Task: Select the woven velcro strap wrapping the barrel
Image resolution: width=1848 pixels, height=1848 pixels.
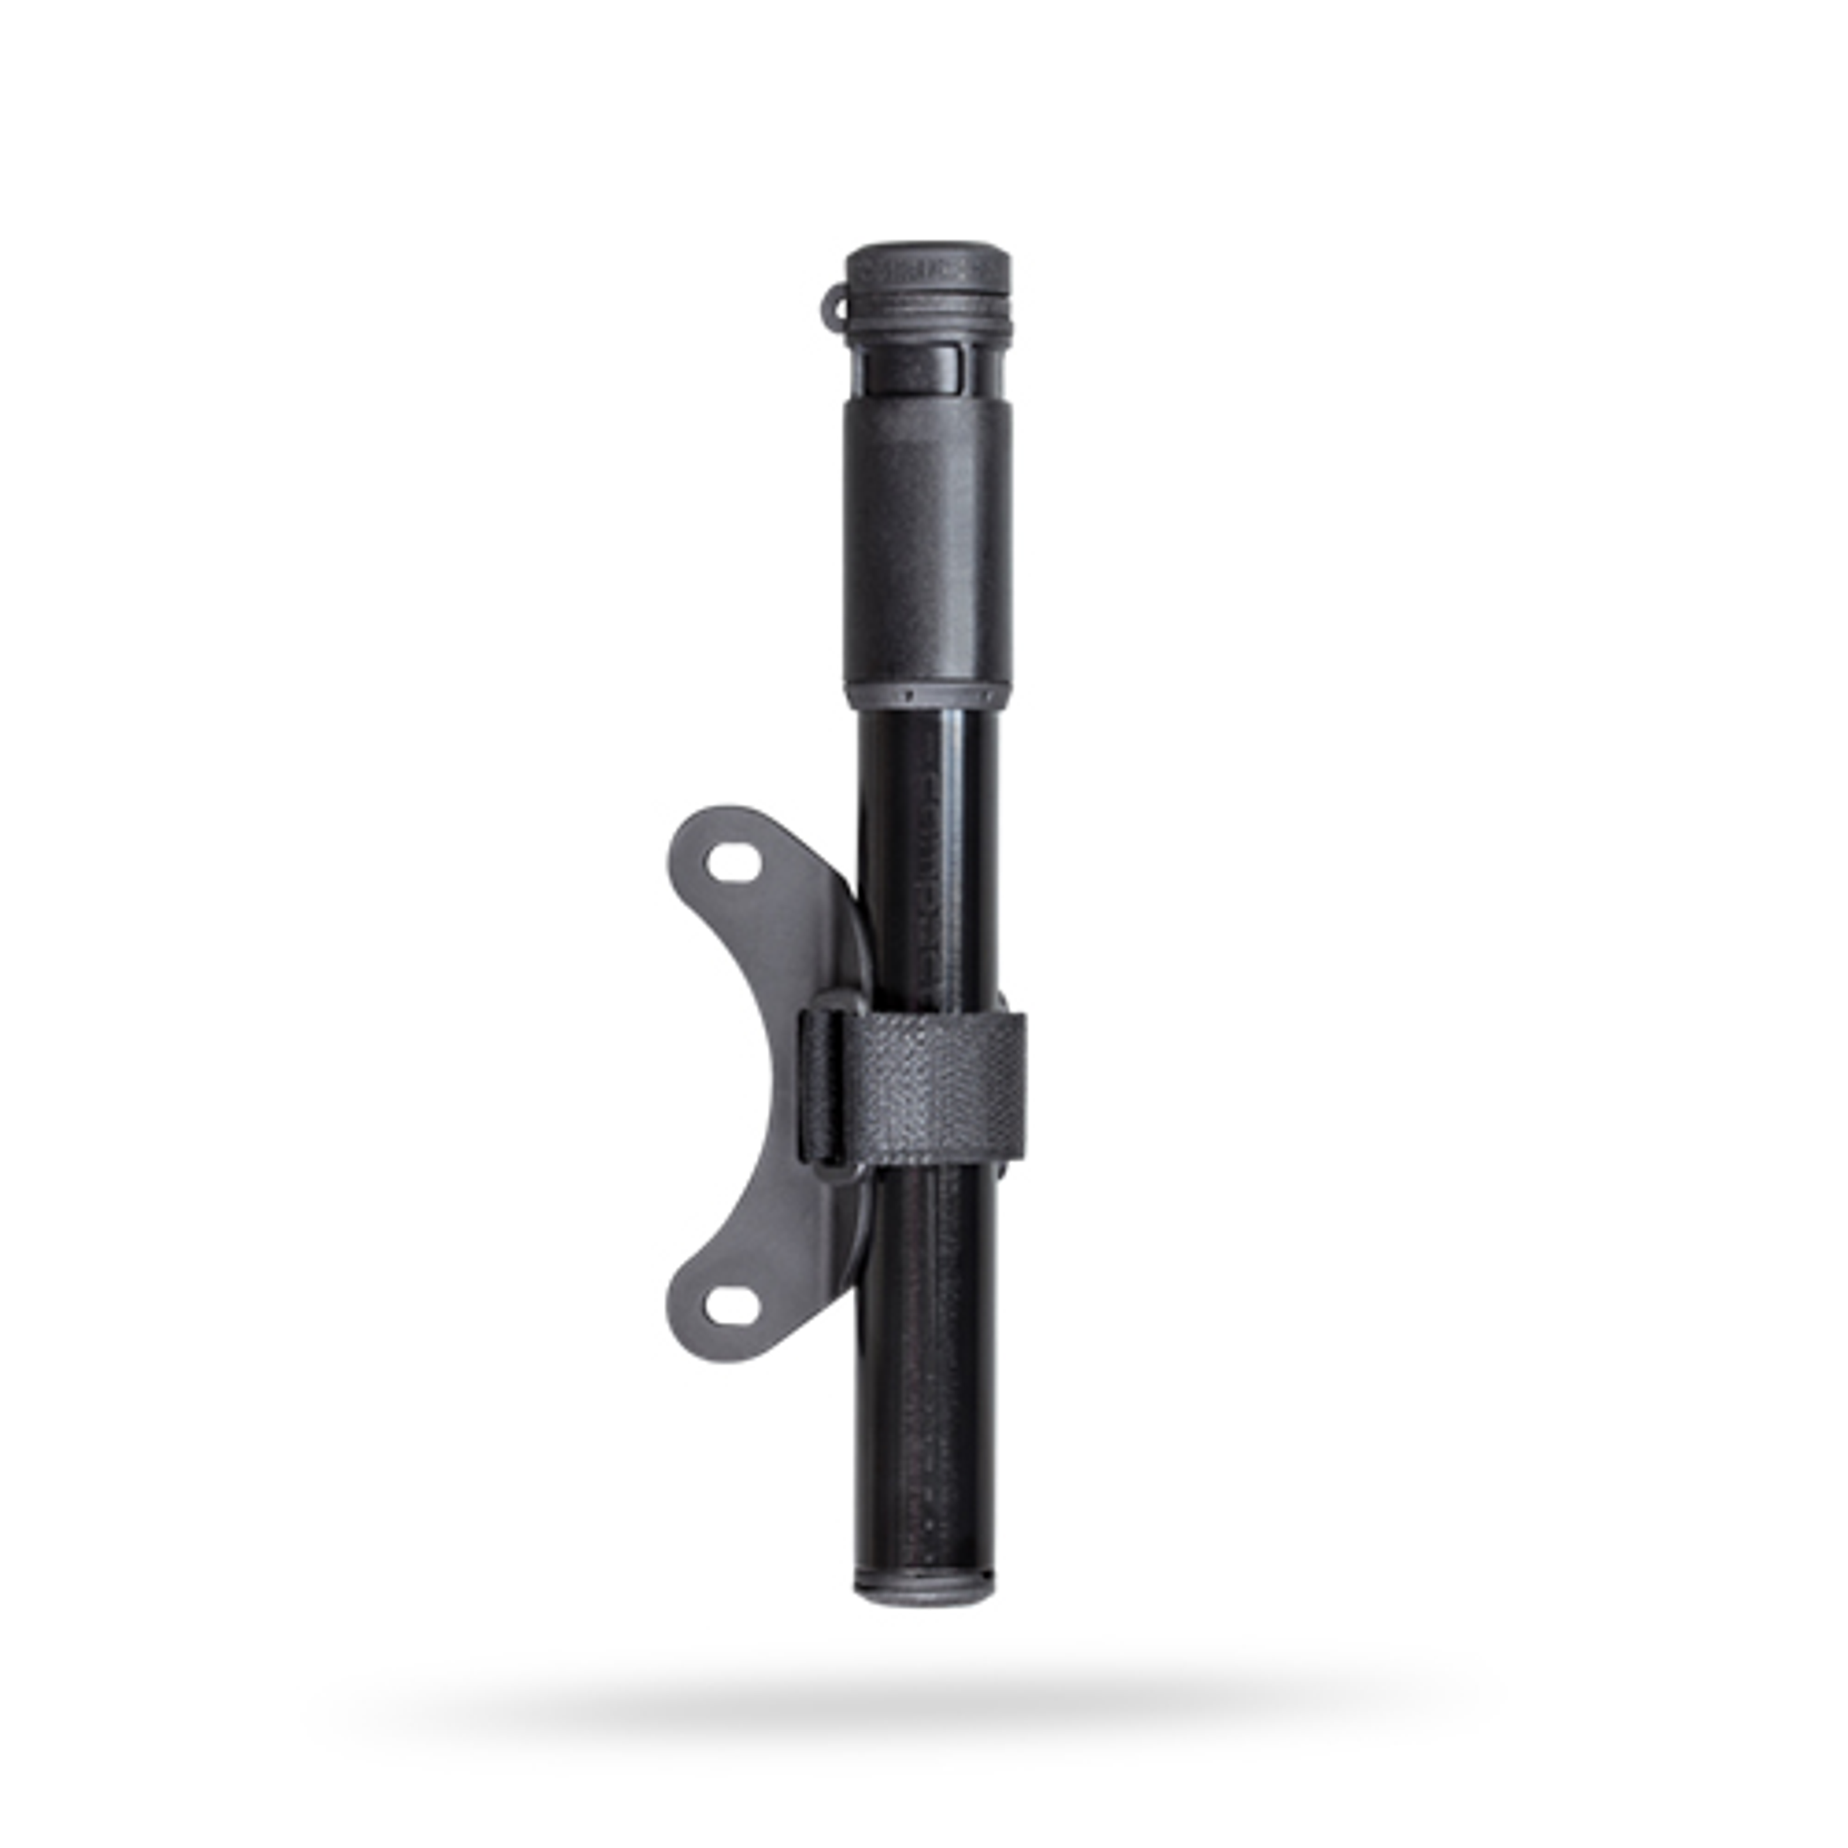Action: (x=942, y=1088)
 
